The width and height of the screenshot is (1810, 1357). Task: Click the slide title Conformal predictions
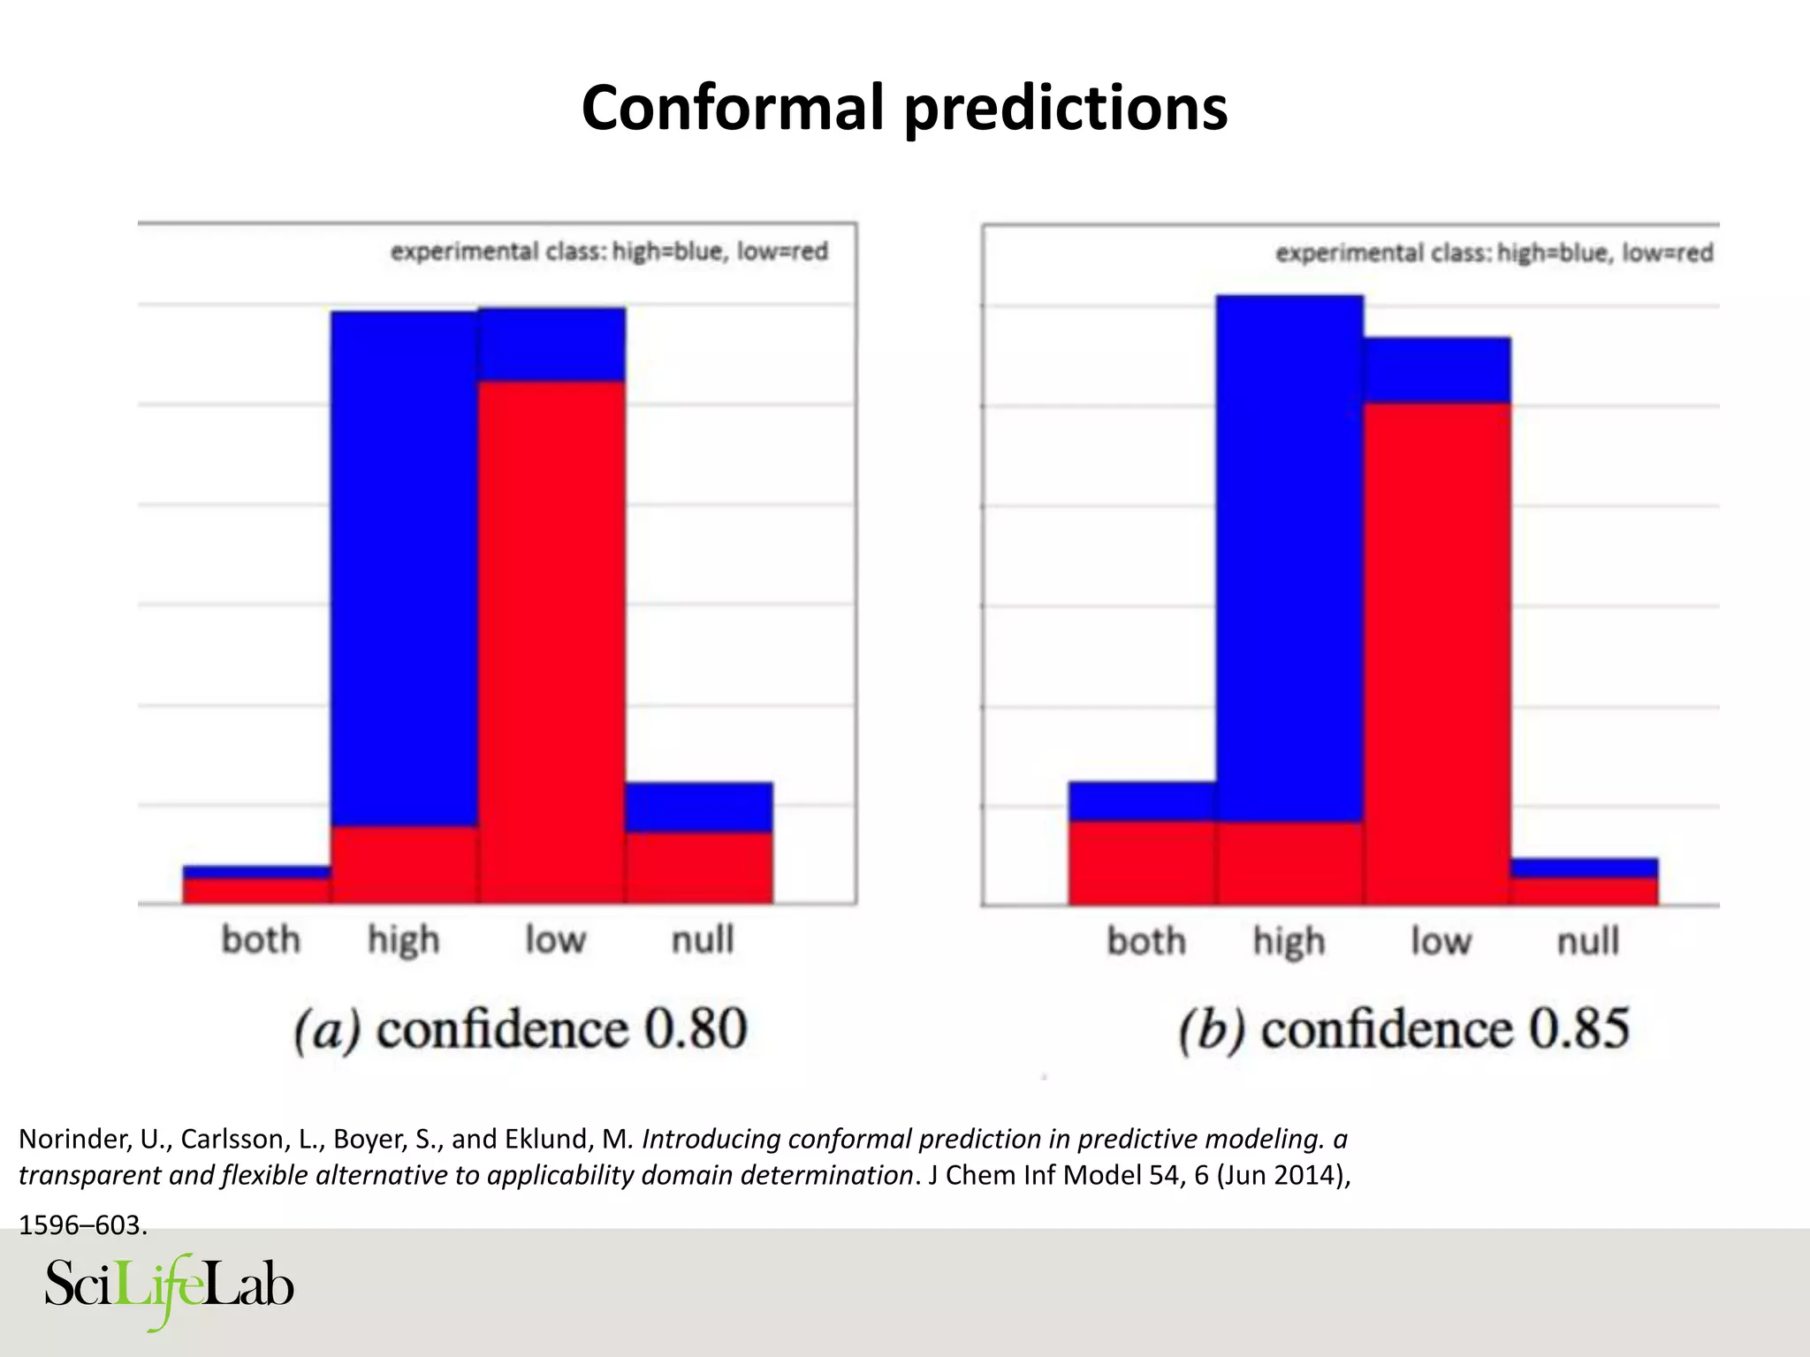pos(904,108)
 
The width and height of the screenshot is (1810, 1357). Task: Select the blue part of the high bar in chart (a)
pos(405,565)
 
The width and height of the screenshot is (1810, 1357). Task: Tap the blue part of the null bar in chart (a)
pos(699,807)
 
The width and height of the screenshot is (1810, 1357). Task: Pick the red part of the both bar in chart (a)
pos(256,891)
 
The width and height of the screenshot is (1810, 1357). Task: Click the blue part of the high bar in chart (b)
pos(1289,557)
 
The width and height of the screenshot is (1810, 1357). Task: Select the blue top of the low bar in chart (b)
pos(1436,370)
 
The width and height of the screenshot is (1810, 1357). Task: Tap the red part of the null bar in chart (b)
pos(1584,891)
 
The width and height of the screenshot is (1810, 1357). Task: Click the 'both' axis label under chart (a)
pos(261,939)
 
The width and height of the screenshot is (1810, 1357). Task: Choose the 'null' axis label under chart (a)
pos(703,939)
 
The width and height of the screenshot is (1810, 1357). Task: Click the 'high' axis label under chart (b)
pos(1289,942)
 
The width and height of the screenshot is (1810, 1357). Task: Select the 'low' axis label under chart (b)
pos(1441,941)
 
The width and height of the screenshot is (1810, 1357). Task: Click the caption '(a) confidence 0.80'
pos(521,1029)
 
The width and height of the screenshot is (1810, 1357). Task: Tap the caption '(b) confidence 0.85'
pos(1403,1029)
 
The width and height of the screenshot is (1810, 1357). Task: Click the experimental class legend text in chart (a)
pos(609,252)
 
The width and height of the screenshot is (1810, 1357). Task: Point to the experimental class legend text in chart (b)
pos(1494,254)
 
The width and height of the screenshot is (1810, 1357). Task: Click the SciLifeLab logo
pos(169,1288)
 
